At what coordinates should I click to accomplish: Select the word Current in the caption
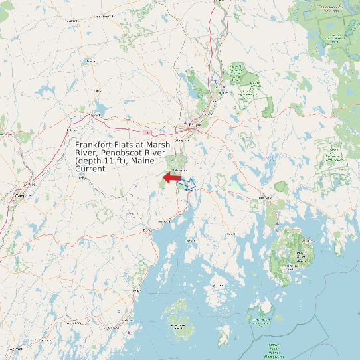[x=90, y=169]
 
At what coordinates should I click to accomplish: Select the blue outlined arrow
[x=188, y=183]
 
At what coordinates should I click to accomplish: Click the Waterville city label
[x=23, y=195]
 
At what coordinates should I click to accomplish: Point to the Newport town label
[x=94, y=114]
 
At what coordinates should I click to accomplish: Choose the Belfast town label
[x=147, y=230]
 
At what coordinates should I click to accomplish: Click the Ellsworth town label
[x=266, y=198]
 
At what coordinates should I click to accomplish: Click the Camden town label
[x=137, y=290]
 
